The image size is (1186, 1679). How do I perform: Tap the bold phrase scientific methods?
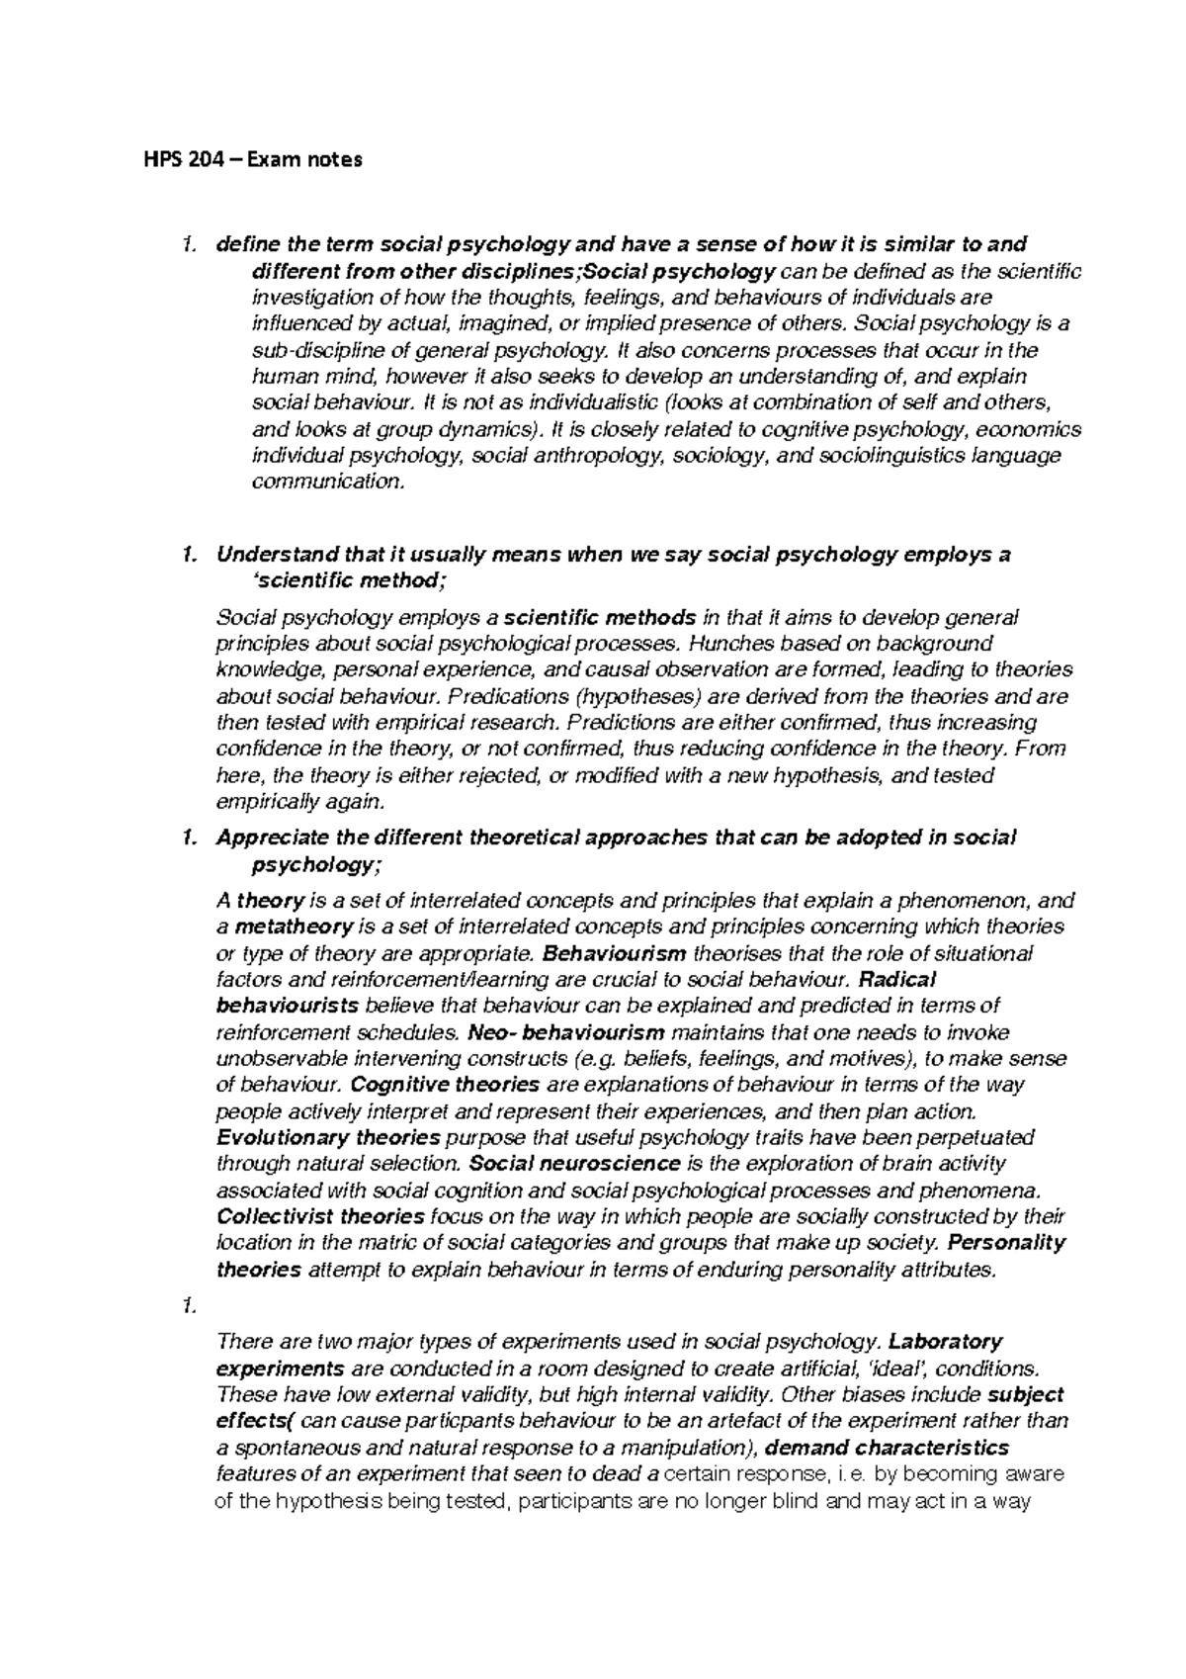click(600, 618)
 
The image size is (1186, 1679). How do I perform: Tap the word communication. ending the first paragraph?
click(329, 483)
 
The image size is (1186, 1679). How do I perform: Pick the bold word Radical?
click(897, 980)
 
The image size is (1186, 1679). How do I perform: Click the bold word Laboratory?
click(946, 1343)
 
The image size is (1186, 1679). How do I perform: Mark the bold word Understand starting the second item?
click(276, 555)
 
